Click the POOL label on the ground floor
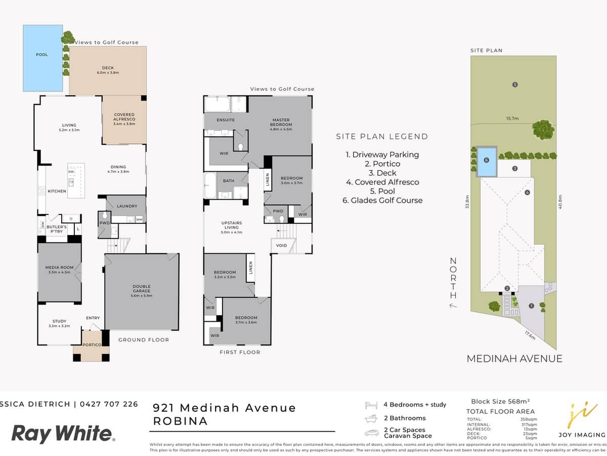(x=42, y=55)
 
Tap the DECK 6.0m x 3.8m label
(x=108, y=70)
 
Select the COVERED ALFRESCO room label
(x=124, y=119)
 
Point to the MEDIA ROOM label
(x=59, y=270)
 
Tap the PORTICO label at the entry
(x=91, y=345)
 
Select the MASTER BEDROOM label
(x=281, y=123)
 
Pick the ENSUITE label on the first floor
(x=226, y=120)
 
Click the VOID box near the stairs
(x=282, y=246)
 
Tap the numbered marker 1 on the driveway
(x=531, y=306)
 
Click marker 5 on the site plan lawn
(x=515, y=84)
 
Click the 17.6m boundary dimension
(x=529, y=335)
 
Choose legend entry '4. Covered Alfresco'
(x=382, y=182)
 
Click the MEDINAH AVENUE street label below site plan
(x=514, y=359)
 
